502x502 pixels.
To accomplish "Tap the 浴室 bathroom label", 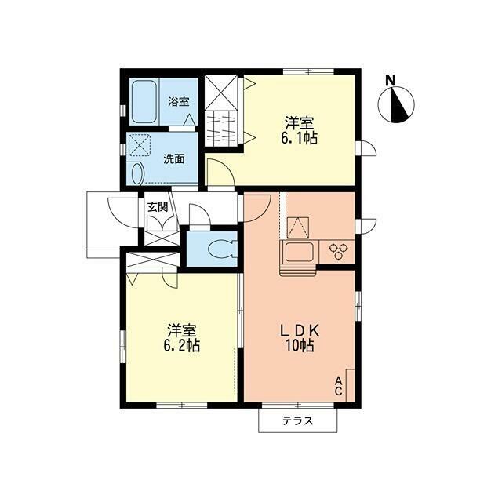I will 178,101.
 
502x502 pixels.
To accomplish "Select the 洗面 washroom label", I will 173,158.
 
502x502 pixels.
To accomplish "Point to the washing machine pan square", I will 140,145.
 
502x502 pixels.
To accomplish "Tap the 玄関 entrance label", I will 157,208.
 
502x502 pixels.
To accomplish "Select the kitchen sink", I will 300,253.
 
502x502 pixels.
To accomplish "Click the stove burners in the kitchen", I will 338,250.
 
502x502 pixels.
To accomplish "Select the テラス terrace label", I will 297,420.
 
